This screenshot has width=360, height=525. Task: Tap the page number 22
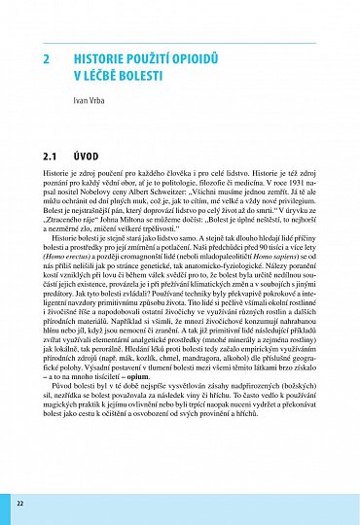tap(19, 504)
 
